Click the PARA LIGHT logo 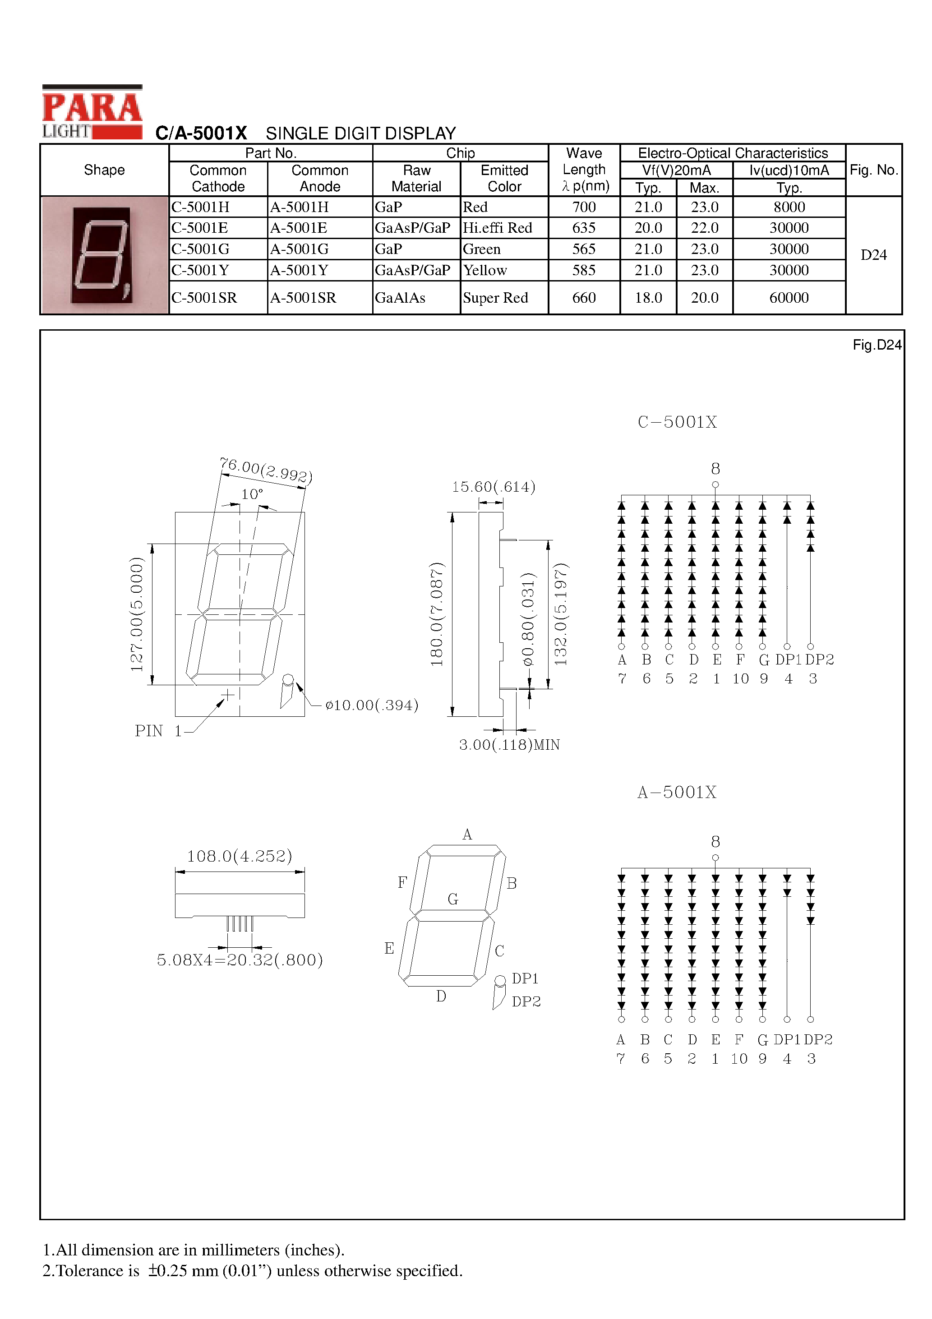[92, 112]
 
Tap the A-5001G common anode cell [300, 249]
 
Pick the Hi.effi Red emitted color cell [498, 228]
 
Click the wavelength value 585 [584, 270]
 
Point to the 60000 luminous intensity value [789, 298]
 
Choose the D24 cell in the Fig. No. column [873, 255]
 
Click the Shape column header [104, 170]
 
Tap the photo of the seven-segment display [104, 255]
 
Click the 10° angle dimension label [252, 494]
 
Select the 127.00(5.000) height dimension [137, 613]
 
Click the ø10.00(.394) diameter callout [372, 705]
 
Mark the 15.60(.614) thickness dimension [494, 487]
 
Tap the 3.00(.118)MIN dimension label [509, 744]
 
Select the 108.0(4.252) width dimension [240, 856]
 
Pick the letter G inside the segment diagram [453, 899]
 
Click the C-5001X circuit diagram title [678, 422]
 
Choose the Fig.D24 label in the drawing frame [877, 345]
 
